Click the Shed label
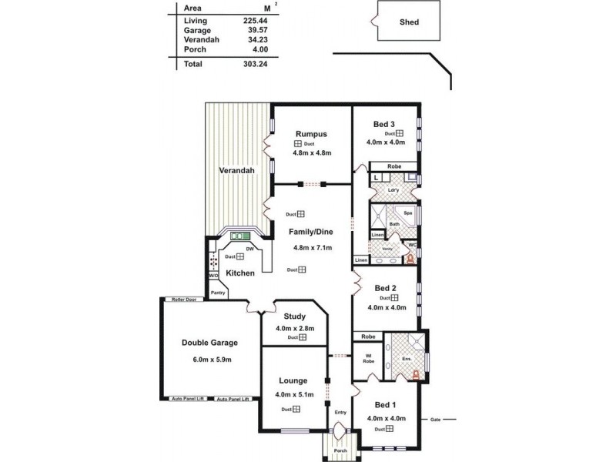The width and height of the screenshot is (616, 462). pos(410,22)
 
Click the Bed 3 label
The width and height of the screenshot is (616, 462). pos(384,124)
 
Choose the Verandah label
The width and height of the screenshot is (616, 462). pos(236,170)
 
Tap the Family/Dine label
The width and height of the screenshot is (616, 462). pos(312,231)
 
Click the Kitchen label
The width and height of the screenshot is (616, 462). pos(240,273)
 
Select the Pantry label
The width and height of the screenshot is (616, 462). pos(218,293)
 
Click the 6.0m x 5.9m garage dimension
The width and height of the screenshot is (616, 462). pos(209,359)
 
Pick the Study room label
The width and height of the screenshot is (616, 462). pos(295,316)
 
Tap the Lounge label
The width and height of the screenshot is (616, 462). pos(293,380)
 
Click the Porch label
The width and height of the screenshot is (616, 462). pos(340,450)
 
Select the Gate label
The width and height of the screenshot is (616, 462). pos(436,420)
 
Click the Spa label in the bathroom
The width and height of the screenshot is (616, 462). pos(408,212)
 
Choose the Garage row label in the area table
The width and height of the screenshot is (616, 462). pos(198,32)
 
